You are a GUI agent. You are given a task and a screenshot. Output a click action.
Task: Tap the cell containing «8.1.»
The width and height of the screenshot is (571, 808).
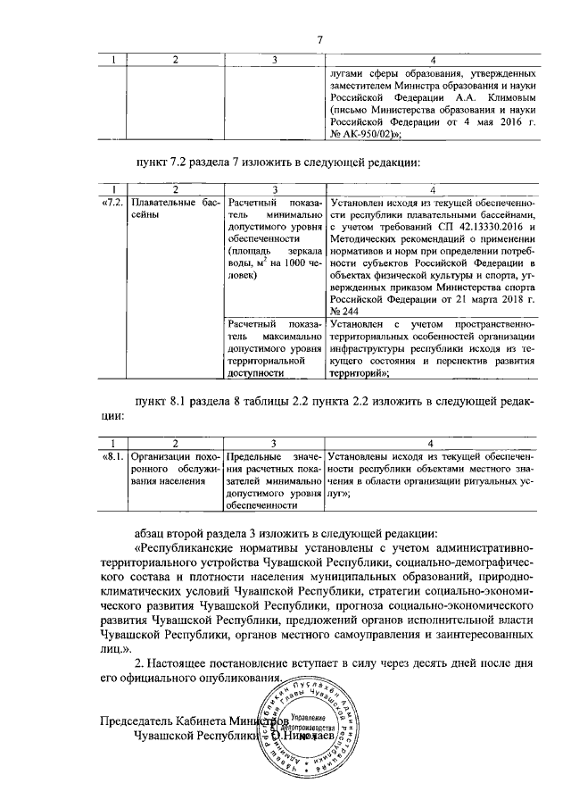point(113,456)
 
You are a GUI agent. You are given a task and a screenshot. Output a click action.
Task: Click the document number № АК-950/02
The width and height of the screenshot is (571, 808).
point(362,134)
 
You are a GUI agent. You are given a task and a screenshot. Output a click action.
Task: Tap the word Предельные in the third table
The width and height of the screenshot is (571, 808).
point(256,456)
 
